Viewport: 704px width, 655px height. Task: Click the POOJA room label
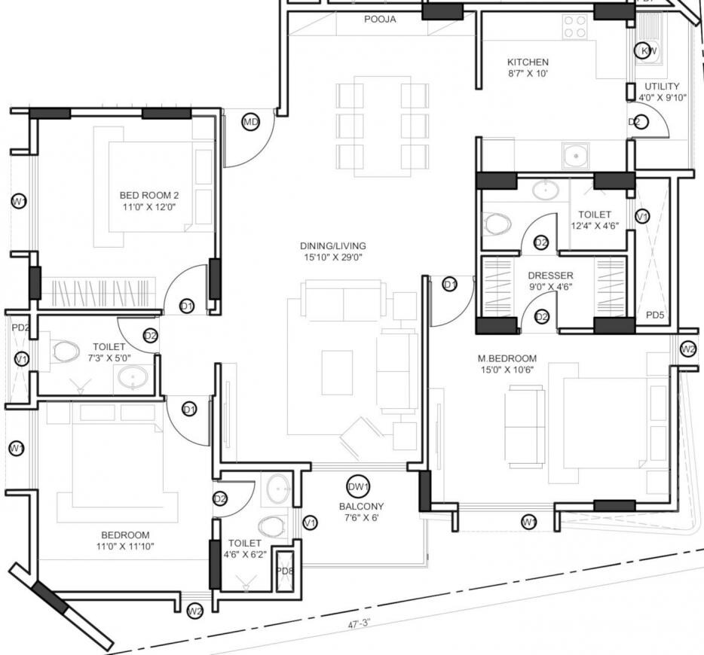(x=380, y=20)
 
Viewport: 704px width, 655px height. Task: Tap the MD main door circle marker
(x=251, y=122)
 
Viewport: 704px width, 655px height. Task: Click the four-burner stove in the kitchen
(x=576, y=27)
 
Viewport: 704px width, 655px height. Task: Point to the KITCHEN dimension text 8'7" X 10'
(x=528, y=75)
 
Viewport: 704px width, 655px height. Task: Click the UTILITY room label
(x=663, y=86)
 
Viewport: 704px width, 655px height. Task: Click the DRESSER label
(x=550, y=276)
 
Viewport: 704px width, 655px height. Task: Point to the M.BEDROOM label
(x=507, y=358)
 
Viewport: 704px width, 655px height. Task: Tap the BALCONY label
(x=361, y=506)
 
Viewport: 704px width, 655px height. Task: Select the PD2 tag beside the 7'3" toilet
(x=20, y=327)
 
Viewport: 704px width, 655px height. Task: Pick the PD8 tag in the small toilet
(x=286, y=571)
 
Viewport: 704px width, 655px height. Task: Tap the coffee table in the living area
(x=337, y=372)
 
